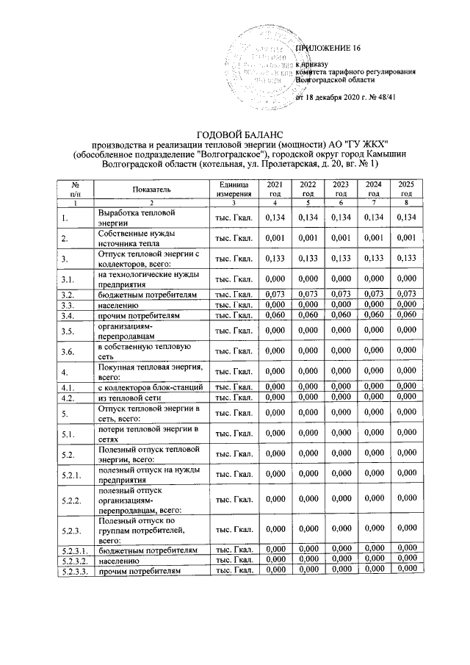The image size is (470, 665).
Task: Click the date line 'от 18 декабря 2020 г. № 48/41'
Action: click(x=345, y=97)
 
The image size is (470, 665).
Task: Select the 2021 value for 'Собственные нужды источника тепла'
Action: click(x=274, y=238)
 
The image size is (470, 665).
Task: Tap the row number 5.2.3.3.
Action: click(x=75, y=570)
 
